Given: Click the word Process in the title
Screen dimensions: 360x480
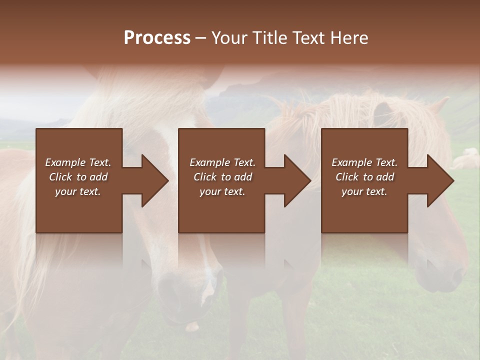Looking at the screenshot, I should pyautogui.click(x=157, y=38).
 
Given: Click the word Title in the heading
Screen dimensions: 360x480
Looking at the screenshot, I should pyautogui.click(x=267, y=38).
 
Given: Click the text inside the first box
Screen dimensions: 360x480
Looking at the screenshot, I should pyautogui.click(x=78, y=177).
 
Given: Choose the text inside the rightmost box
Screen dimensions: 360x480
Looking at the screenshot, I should pyautogui.click(x=364, y=177).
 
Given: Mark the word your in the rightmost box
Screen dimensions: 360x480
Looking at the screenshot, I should pyautogui.click(x=352, y=191).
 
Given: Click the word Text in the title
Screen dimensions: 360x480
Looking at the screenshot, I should pyautogui.click(x=309, y=38).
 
